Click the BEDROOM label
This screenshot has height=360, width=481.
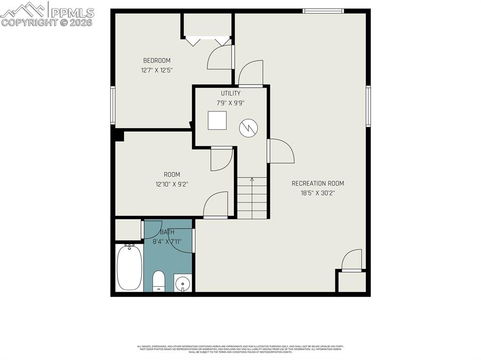(156, 61)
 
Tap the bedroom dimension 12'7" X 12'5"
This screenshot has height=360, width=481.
(156, 70)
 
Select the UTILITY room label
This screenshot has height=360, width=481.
(231, 93)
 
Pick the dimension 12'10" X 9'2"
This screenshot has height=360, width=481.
(171, 184)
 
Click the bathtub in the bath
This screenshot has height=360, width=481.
(128, 267)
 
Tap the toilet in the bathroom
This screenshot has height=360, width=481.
(159, 281)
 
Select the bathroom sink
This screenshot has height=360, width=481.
(182, 283)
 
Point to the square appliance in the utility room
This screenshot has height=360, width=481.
(217, 120)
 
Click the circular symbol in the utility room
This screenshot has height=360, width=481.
(248, 128)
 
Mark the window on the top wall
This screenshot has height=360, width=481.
(323, 11)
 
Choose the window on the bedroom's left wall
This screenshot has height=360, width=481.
(113, 106)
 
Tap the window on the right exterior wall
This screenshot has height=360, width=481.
(369, 106)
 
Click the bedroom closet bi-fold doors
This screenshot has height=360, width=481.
(207, 41)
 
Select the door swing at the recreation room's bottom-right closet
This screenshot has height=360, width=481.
(353, 261)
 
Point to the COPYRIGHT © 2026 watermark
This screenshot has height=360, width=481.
(47, 23)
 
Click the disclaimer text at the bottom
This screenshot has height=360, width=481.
(240, 349)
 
